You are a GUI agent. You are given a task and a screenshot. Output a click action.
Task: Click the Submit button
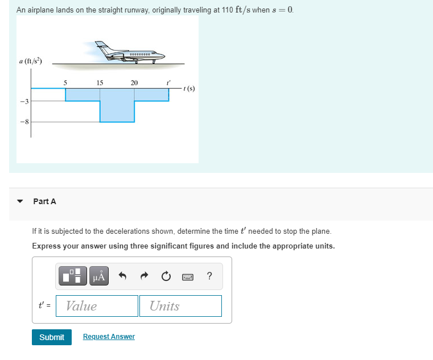point(52,337)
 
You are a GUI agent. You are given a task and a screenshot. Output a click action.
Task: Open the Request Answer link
point(109,337)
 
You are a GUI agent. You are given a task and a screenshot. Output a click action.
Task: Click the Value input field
point(97,306)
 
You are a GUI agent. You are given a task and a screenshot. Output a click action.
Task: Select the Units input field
point(180,306)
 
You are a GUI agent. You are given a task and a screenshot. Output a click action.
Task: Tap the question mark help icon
point(210,277)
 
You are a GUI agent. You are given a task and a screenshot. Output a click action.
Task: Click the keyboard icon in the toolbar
point(188,277)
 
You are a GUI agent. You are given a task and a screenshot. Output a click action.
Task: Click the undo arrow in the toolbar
point(121,277)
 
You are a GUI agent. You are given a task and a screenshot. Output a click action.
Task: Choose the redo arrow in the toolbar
point(143,277)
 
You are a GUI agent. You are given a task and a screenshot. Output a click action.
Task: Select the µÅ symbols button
point(99,277)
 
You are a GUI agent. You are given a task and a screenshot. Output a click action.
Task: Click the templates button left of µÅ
point(73,277)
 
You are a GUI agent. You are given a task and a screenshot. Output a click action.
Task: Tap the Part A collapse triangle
point(20,201)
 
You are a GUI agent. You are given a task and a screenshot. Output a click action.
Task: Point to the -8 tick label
point(24,122)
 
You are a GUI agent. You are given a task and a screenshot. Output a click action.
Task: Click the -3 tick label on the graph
point(24,101)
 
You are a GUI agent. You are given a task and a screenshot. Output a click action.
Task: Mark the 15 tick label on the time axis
point(100,83)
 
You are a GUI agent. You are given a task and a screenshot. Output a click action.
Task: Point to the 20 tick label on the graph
point(134,83)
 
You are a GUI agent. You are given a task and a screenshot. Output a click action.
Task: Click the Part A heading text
point(44,201)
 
